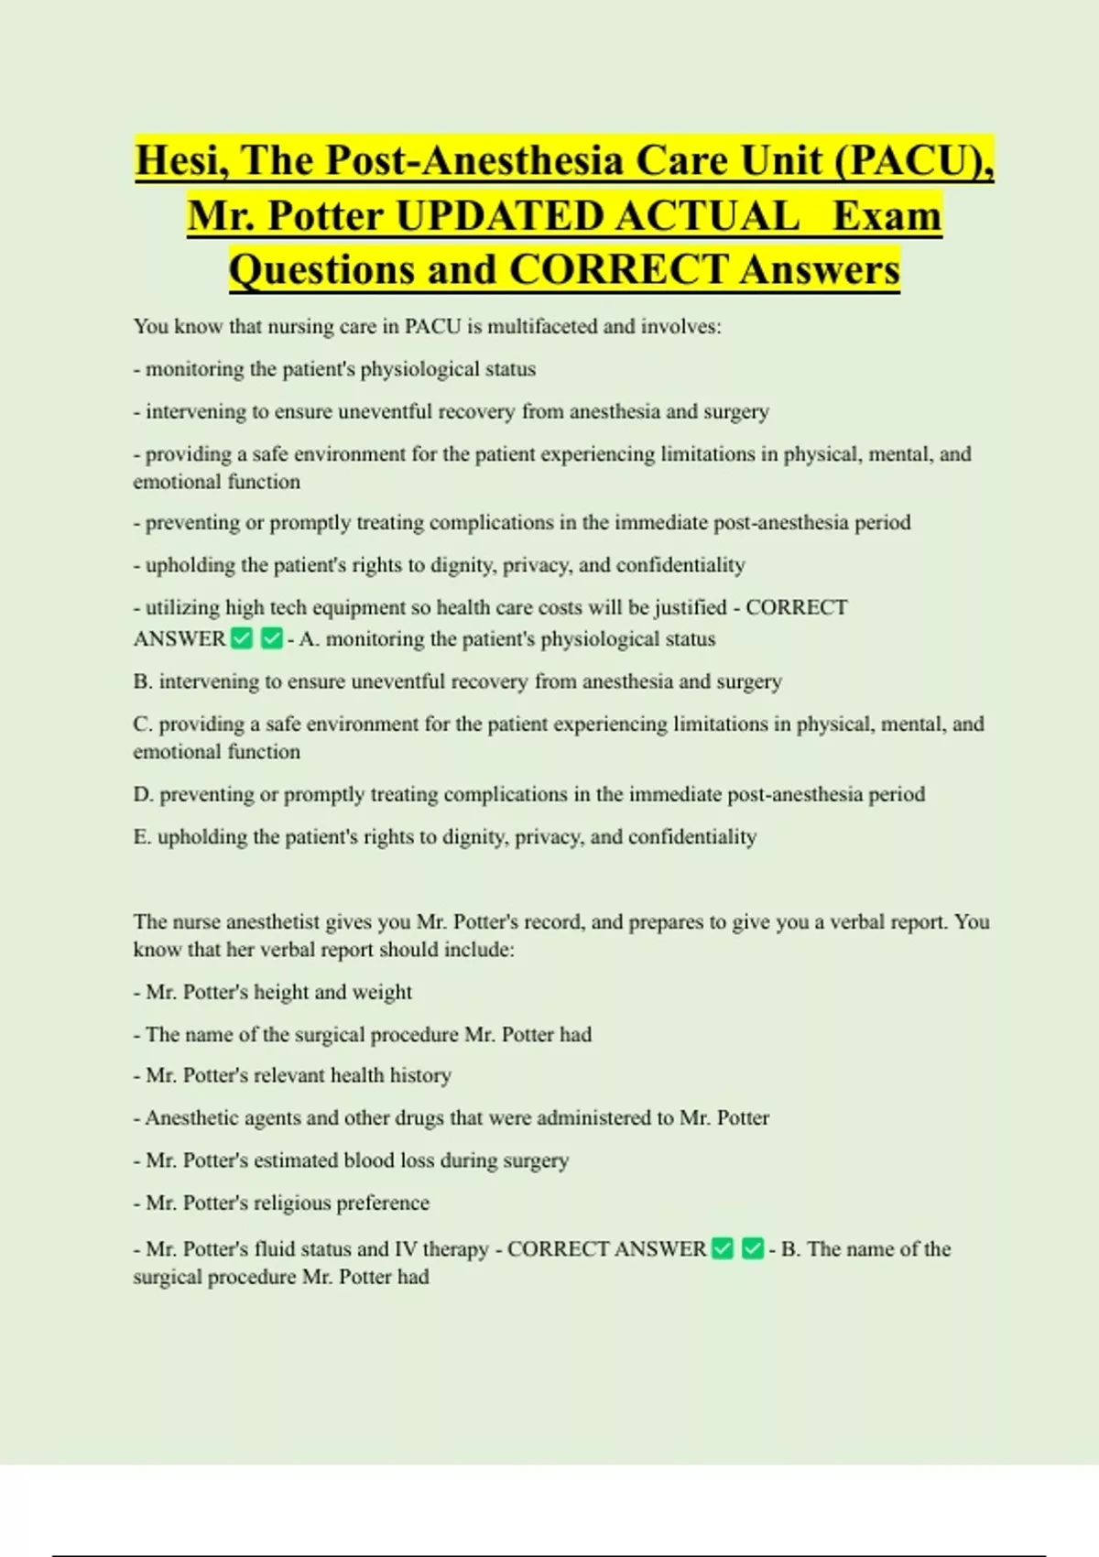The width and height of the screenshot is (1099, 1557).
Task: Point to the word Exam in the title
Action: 887,216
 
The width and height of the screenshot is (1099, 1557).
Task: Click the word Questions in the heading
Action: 321,270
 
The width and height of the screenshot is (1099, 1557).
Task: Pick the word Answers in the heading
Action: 820,270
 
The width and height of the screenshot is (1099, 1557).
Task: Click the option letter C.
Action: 141,724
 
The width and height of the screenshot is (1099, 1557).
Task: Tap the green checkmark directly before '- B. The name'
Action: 753,1248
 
